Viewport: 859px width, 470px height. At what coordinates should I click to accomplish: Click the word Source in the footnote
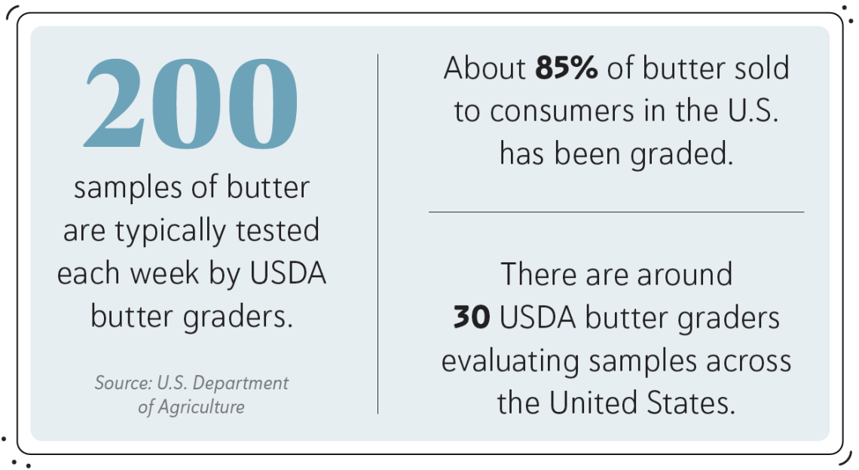pyautogui.click(x=121, y=383)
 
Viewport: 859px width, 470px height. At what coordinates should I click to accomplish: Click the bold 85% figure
pyautogui.click(x=566, y=69)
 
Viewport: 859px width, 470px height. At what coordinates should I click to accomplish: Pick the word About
pyautogui.click(x=485, y=69)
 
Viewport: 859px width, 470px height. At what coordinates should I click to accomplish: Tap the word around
pyautogui.click(x=684, y=274)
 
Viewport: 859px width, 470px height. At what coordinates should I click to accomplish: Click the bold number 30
pyautogui.click(x=472, y=318)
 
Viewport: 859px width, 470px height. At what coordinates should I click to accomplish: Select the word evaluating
pyautogui.click(x=511, y=362)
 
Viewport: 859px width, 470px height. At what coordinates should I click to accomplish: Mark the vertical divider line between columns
pyautogui.click(x=378, y=233)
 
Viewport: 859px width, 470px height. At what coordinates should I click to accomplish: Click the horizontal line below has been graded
pyautogui.click(x=616, y=212)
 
